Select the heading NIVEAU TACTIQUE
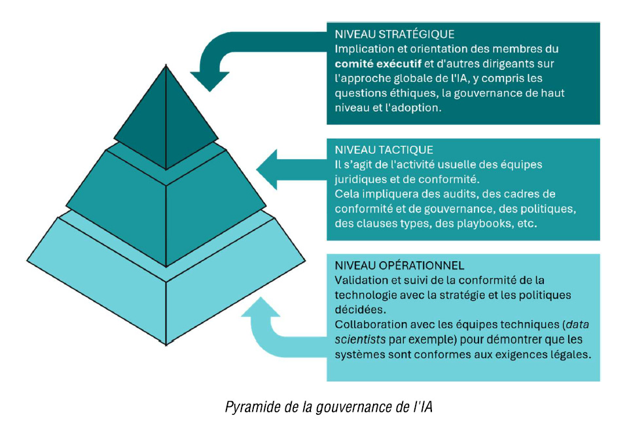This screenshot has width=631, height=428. pyautogui.click(x=384, y=150)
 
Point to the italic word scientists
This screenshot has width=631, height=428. pyautogui.click(x=361, y=340)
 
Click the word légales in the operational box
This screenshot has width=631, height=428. pyautogui.click(x=571, y=355)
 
